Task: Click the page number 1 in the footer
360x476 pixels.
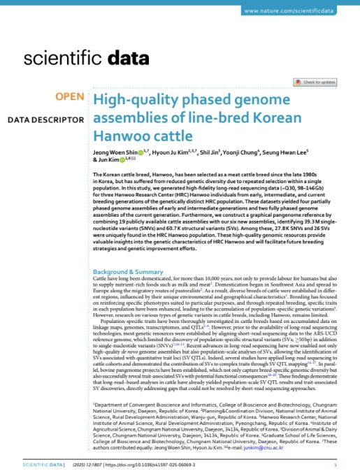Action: point(336,463)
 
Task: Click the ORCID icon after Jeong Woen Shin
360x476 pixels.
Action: point(140,151)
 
